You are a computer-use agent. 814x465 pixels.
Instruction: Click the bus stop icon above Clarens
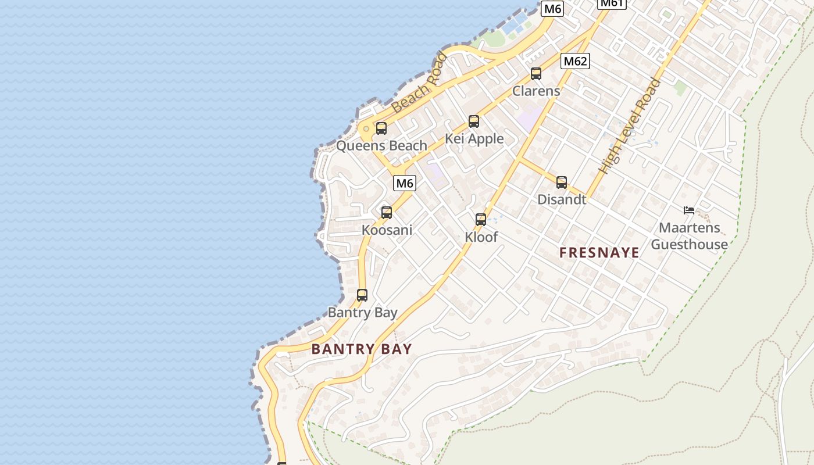tap(536, 74)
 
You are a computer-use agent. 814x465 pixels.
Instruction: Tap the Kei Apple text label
tap(474, 139)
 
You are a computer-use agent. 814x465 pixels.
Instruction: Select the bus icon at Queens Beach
tap(381, 128)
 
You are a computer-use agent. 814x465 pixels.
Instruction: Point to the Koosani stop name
tap(387, 230)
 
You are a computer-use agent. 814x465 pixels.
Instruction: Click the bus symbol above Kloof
tap(481, 220)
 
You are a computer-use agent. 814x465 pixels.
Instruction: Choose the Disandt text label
tap(562, 199)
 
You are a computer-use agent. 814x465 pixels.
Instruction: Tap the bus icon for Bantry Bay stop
tap(362, 295)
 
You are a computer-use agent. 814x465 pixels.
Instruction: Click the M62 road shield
tap(575, 61)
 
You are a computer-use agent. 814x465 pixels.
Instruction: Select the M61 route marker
tap(612, 3)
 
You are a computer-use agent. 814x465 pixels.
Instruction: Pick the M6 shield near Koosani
tap(405, 183)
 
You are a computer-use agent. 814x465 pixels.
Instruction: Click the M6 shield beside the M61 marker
tap(552, 9)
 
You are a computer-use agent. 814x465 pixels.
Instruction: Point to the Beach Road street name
tap(419, 83)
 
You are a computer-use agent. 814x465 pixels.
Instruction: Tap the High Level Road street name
tap(630, 127)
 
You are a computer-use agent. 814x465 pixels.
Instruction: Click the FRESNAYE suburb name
tap(599, 253)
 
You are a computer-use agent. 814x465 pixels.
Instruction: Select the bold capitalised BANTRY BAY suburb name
tap(362, 349)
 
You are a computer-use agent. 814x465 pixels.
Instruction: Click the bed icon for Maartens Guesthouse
tap(689, 210)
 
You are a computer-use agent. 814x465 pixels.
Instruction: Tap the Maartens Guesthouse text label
tap(689, 236)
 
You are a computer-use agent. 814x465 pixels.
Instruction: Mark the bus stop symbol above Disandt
tap(562, 183)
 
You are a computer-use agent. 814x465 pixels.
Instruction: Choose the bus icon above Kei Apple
tap(474, 121)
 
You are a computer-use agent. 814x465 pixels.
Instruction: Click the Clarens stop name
tap(536, 91)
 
